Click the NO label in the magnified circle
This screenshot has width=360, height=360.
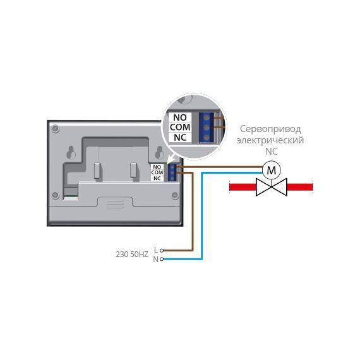coord(180,117)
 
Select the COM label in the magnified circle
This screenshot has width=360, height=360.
coord(180,127)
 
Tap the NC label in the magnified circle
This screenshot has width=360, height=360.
coord(180,138)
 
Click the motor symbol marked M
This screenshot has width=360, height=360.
coord(272,170)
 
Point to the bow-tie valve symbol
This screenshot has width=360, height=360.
coord(272,187)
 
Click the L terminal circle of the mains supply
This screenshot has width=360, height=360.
coord(162,250)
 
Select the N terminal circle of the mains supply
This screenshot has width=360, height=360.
coord(162,259)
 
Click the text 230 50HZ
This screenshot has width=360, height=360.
coord(132,255)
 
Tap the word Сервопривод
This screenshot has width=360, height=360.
coord(270,129)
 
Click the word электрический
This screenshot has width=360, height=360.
coord(270,140)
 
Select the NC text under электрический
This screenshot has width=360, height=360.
coord(272,152)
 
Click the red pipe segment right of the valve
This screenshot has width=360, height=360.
coord(300,187)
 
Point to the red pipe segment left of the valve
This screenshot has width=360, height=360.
coord(243,187)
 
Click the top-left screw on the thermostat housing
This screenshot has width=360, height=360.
coord(56,128)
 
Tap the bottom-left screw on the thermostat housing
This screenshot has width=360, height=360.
coord(56,195)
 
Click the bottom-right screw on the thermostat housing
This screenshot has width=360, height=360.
coord(175,195)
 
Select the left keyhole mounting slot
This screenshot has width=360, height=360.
coord(71,152)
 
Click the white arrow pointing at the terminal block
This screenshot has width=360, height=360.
coord(171,158)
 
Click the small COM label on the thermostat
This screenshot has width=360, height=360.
coord(157,172)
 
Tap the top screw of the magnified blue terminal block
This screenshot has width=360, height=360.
coord(207,117)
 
